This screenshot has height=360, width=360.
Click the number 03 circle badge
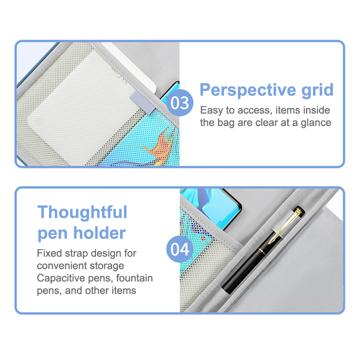coord(180,103)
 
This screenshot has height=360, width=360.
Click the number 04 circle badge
coord(180,249)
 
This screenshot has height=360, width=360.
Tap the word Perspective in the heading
coord(248,90)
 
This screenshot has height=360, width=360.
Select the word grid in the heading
coord(317,90)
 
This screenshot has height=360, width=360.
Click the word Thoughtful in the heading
coord(82,212)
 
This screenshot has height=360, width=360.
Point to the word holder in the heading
coord(99,233)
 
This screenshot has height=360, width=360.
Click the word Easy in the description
coord(211,111)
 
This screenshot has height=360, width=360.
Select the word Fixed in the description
coord(49,253)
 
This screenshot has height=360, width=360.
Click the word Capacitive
coord(61,278)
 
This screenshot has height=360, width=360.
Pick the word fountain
coord(134,278)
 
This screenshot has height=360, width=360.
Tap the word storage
coord(107,266)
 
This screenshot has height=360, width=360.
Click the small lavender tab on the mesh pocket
coord(143,103)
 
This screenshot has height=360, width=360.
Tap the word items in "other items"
coord(124,291)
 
